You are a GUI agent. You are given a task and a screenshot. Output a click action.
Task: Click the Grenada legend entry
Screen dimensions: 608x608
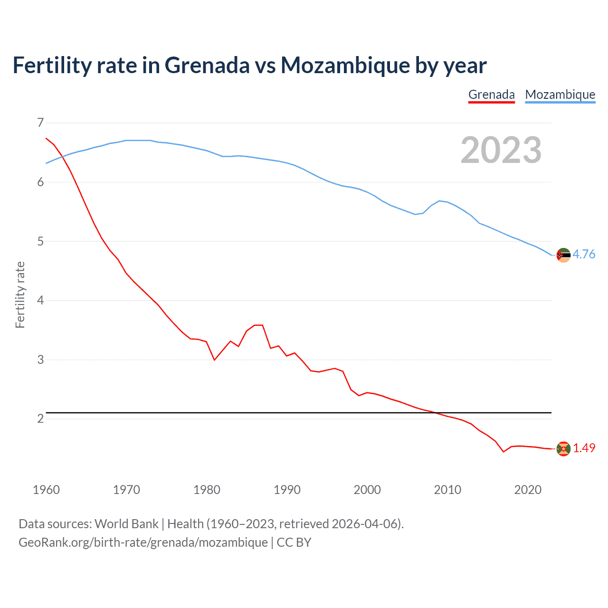coord(491,95)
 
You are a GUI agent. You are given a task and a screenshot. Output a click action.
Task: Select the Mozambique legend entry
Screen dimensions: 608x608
coord(560,95)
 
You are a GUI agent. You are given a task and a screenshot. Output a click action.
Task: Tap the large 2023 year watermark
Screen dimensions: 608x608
coord(501,150)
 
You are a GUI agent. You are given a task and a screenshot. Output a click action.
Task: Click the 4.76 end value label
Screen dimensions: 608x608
coord(584,255)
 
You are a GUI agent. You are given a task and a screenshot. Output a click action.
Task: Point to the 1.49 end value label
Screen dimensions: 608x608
coord(584,448)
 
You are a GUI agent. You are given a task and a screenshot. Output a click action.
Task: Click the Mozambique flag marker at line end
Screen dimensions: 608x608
coord(563,255)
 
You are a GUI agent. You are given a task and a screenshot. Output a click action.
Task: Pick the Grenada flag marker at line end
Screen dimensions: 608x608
coord(563,448)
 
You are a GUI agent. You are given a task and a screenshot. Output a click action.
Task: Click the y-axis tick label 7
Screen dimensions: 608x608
coord(40,123)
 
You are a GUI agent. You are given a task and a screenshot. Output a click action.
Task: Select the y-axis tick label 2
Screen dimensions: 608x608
coord(40,418)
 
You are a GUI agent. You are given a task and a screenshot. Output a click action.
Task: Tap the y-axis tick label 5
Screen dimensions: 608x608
coord(40,241)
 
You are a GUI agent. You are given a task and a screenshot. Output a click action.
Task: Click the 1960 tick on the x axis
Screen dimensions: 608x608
coord(46,490)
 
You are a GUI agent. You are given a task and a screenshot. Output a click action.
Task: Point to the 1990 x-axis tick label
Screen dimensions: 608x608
coord(287,490)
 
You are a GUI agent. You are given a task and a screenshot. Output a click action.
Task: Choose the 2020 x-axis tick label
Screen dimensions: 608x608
coord(528,490)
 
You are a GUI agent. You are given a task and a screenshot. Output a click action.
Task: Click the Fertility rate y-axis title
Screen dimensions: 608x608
coord(20,294)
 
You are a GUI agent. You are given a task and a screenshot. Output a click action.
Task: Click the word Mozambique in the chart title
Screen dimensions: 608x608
coord(345,66)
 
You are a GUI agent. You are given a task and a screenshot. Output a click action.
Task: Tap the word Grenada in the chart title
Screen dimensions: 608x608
coord(207,66)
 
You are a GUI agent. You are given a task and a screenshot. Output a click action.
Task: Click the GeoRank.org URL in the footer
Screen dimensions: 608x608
coord(143,542)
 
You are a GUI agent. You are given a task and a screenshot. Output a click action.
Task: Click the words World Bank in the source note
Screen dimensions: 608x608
coord(126,524)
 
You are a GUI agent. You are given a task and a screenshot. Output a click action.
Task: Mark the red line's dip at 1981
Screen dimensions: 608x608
coord(214,360)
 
